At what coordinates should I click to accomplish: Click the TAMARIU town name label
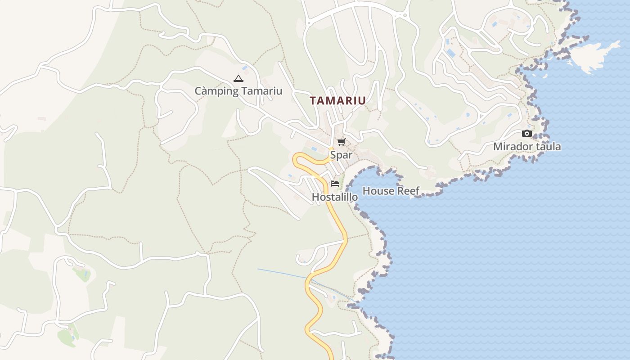coord(337,100)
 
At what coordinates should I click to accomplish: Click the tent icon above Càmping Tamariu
coord(238,79)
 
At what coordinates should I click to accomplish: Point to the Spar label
coord(341,155)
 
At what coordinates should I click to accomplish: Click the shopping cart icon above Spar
coord(341,142)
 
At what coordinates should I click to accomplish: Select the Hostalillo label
coord(335,197)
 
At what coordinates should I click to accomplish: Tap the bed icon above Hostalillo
coord(334,183)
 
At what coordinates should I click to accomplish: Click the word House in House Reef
coord(377,191)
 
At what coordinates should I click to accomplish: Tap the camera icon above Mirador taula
coord(526,133)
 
